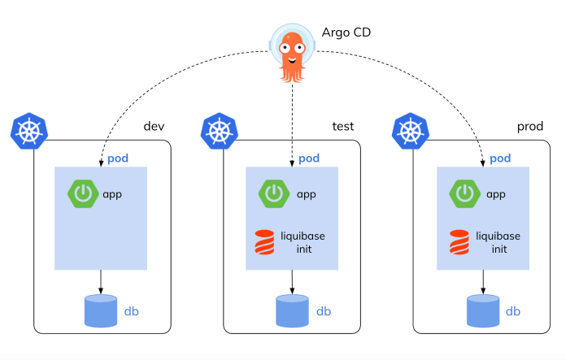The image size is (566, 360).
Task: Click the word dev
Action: tap(155, 127)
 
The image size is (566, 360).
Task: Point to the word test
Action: tap(343, 127)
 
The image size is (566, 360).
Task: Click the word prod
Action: tap(529, 127)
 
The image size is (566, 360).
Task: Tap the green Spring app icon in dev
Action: tap(82, 194)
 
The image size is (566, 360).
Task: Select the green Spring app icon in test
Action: tap(273, 194)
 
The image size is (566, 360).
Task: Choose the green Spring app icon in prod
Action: tap(464, 194)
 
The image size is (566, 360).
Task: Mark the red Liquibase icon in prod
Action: tap(458, 241)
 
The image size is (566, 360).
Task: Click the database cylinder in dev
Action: tap(101, 311)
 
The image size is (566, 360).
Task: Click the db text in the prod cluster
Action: tap(513, 311)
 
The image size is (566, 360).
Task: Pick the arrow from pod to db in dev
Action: tap(101, 281)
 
